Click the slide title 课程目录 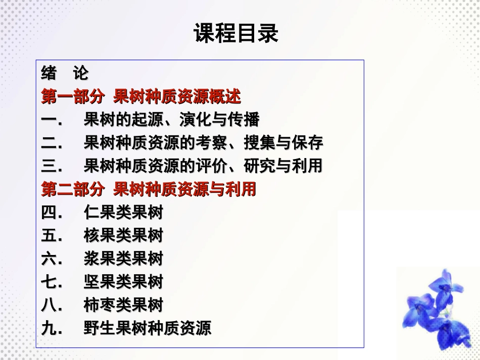pyautogui.click(x=236, y=34)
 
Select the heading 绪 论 pyautogui.click(x=65, y=74)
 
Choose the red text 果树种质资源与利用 pyautogui.click(x=185, y=190)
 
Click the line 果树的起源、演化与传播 pyautogui.click(x=172, y=120)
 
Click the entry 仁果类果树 pyautogui.click(x=124, y=213)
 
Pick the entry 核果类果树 pyautogui.click(x=124, y=236)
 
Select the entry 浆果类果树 pyautogui.click(x=124, y=259)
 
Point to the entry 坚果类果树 pyautogui.click(x=124, y=282)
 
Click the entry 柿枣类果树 pyautogui.click(x=124, y=305)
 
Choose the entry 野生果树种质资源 pyautogui.click(x=148, y=329)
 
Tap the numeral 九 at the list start pyautogui.click(x=49, y=329)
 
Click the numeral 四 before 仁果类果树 pyautogui.click(x=49, y=213)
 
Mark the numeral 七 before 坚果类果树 pyautogui.click(x=49, y=282)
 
